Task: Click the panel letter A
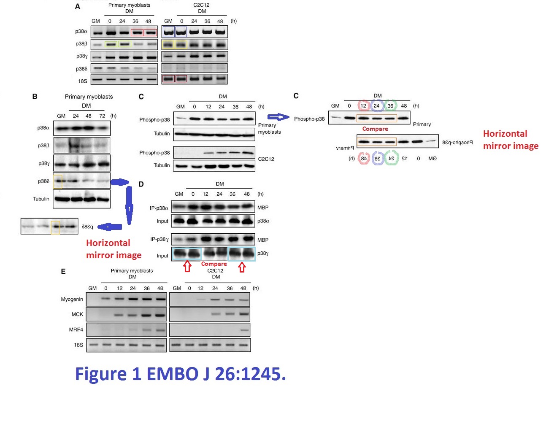coord(77,6)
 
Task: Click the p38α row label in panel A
coord(81,32)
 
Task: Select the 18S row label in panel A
coord(82,81)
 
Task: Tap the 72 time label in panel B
coord(102,116)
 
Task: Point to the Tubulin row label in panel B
coord(41,199)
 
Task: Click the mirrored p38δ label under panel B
coord(87,227)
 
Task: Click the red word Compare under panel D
coord(214,264)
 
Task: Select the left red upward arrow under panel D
coord(187,266)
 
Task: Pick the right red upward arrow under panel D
coord(242,266)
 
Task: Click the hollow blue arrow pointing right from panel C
coord(278,117)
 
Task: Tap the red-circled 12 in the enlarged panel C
coord(363,105)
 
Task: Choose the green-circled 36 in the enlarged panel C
coord(390,105)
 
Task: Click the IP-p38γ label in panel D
coord(159,239)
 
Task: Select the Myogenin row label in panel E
coord(72,299)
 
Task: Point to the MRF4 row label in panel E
coord(76,329)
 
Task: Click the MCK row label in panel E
coord(77,314)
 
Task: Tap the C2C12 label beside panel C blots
coord(266,159)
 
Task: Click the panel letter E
coord(63,271)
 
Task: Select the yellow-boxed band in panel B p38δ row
coord(57,181)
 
